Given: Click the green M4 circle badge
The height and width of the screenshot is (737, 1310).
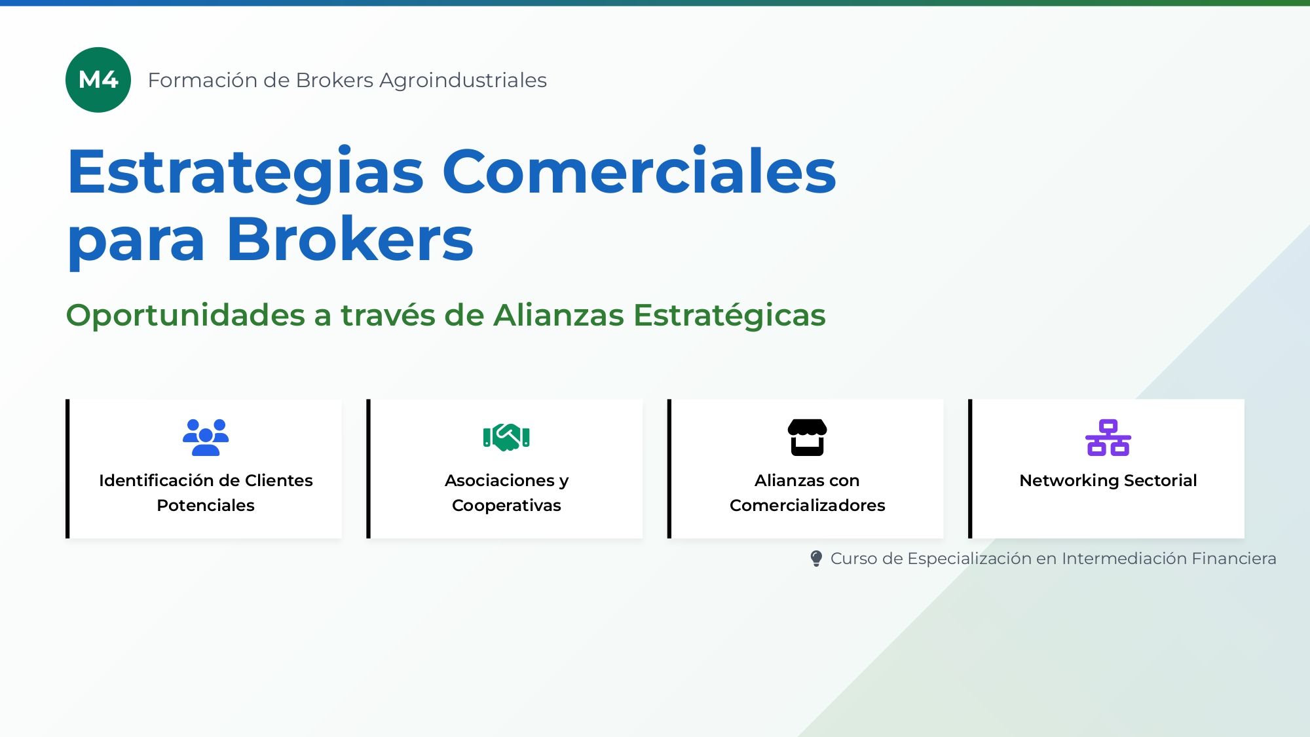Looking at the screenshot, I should point(98,80).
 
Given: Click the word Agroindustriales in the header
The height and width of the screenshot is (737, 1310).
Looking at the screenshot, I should point(462,80).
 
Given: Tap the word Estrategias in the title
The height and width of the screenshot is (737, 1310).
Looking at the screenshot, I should point(246,172).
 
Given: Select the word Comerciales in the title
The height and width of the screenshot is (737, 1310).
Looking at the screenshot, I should point(639,172).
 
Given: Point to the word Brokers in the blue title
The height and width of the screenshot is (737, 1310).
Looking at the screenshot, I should point(350,240).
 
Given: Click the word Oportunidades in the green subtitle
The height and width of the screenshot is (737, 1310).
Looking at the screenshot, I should point(186,315).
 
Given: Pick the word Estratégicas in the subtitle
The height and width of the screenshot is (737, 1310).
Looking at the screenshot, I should point(729,315).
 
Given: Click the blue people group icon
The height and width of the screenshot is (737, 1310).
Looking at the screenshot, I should point(206,437).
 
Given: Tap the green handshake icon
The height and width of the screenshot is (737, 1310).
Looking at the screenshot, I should point(506,437).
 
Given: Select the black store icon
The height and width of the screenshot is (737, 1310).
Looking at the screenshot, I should point(807,437).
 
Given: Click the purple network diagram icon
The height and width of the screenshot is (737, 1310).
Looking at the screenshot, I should point(1108,437).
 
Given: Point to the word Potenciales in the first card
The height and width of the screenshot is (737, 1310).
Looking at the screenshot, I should point(206,505).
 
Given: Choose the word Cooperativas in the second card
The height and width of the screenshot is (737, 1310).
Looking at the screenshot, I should point(506,505).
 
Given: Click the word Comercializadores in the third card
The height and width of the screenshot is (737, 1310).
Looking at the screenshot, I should point(807,505).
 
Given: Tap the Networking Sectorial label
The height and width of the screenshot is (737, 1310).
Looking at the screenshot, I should point(1108,480).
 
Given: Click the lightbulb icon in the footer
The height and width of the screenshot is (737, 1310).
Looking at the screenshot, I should point(816,558).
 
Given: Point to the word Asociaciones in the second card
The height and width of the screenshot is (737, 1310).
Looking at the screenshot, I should point(500,480).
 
